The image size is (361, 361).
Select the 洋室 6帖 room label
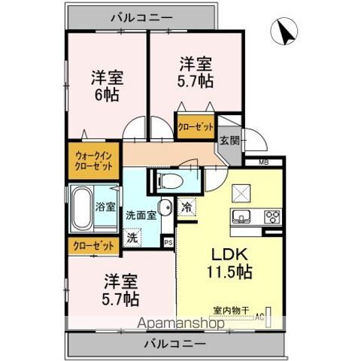tap(107, 86)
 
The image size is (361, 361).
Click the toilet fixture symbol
tap(167, 180)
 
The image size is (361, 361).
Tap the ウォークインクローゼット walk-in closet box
tap(94, 161)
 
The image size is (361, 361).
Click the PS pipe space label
tap(168, 242)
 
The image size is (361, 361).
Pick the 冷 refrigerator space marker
tap(186, 206)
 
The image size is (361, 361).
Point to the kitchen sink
tap(243, 217)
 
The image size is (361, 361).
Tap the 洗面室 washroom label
tap(141, 214)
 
